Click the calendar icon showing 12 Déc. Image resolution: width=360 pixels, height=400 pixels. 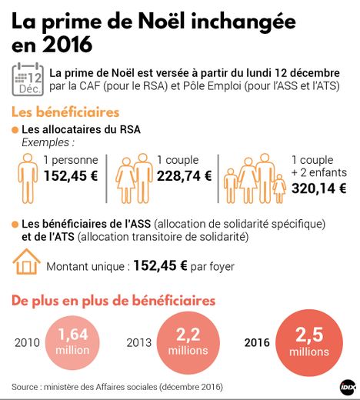[x=28, y=78]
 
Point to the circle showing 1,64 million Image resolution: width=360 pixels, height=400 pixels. [x=73, y=341]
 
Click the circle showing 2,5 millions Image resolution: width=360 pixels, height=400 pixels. [x=308, y=342]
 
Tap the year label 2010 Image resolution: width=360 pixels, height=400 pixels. [x=28, y=342]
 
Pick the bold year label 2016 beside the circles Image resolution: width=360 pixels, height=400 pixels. [x=256, y=342]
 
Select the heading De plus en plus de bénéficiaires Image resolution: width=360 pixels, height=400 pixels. [x=113, y=301]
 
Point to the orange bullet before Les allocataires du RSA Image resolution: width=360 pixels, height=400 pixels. [x=15, y=129]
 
